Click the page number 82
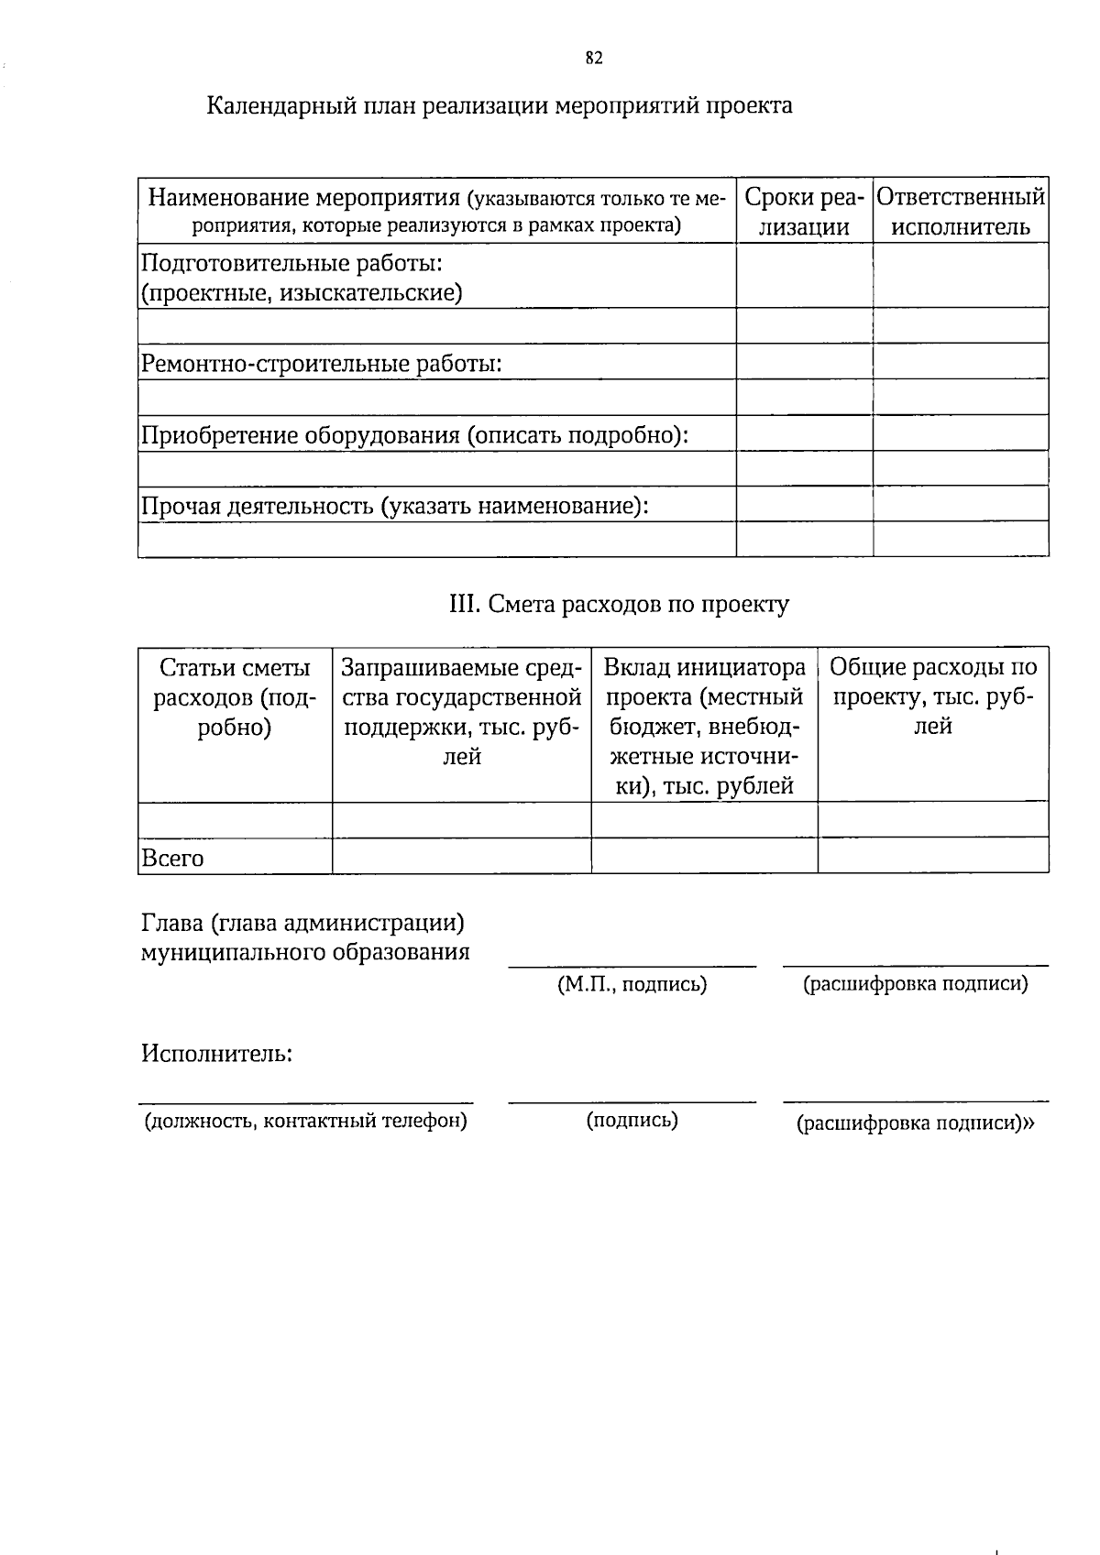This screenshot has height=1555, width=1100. [593, 59]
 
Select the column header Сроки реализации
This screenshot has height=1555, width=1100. [804, 212]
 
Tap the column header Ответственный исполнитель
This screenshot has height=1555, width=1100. [960, 212]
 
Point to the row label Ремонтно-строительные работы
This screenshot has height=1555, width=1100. [321, 364]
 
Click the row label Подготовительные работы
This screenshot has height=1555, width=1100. [291, 264]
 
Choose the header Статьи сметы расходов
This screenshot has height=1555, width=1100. [235, 697]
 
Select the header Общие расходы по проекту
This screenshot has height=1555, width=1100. [933, 697]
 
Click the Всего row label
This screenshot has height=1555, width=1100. [172, 859]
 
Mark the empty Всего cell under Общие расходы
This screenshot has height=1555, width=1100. [932, 856]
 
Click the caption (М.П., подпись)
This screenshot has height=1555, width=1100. [632, 985]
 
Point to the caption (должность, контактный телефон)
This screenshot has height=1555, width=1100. [305, 1121]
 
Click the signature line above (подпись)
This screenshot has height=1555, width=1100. [632, 1101]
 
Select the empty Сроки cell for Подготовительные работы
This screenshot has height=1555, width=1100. [804, 276]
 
